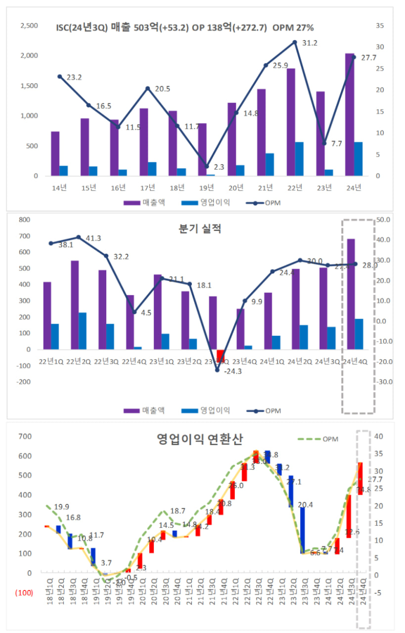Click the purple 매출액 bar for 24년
coord(350,114)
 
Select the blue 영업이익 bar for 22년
coord(300,159)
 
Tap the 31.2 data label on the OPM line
coord(309,43)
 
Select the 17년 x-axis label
coord(147,188)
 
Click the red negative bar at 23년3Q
coord(220,355)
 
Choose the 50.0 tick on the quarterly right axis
coord(384,220)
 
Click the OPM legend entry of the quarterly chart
coord(266,410)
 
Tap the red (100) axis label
coord(24,592)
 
